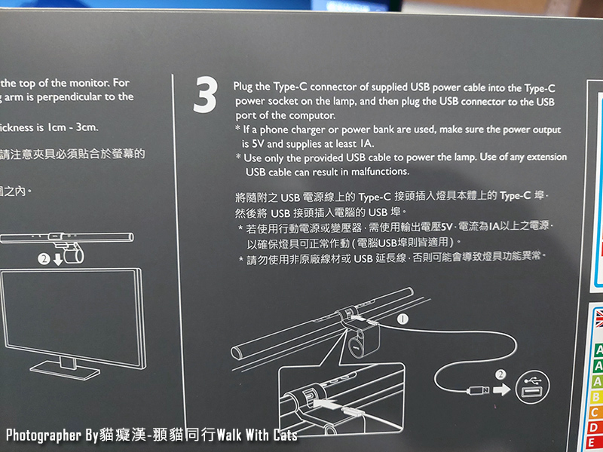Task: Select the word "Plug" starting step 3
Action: point(244,87)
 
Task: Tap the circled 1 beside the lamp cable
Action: point(403,319)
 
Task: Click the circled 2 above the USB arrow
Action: point(500,374)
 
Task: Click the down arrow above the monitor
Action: point(60,259)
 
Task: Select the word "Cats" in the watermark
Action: point(281,435)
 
